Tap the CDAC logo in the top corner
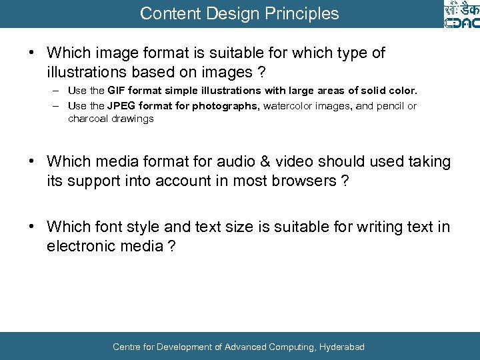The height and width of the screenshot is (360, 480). pos(461,14)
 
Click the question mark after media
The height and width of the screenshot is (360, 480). pos(172,247)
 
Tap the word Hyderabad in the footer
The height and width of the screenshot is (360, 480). pos(342,347)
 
